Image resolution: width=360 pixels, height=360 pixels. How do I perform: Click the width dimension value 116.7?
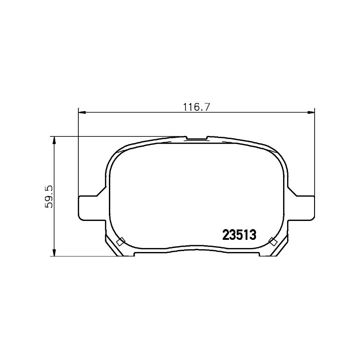pos(196,107)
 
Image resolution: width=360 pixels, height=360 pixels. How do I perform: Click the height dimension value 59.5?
pos(49,197)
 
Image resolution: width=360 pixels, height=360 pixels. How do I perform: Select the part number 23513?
pos(239,235)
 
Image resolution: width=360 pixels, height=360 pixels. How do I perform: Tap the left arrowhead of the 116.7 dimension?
pos(82,112)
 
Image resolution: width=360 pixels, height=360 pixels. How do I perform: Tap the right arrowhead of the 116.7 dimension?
pos(311,112)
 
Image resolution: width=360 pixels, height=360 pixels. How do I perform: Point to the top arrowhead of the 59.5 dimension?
pos(54,140)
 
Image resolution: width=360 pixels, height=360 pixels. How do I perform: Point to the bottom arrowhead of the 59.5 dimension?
pos(54,252)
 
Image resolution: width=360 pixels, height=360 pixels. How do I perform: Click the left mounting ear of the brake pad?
pos(92,208)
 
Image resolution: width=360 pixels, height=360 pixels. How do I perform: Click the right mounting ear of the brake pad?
pos(301,208)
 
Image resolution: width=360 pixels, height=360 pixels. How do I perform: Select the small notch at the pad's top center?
pos(196,138)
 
